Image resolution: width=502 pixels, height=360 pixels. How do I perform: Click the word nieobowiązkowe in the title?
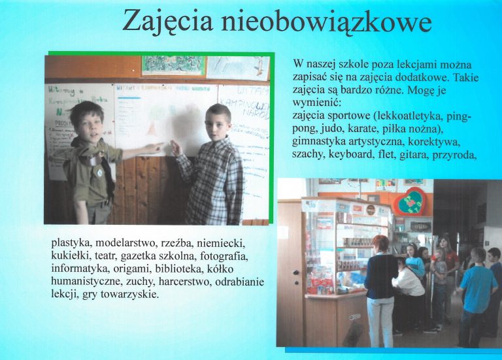coord(326,21)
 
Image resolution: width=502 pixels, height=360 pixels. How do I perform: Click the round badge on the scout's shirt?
coord(100,172)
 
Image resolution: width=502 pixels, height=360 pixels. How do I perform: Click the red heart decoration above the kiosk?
coord(409,203)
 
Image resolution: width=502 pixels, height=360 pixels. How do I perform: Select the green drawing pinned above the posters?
coord(173,65)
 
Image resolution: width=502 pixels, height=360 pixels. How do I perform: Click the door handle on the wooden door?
coord(297,272)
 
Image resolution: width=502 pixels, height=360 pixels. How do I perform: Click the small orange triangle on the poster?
coord(152,129)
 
